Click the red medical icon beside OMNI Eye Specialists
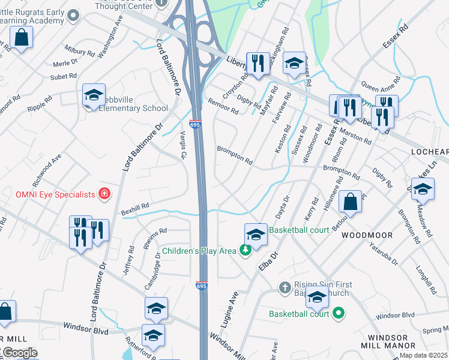click(x=104, y=194)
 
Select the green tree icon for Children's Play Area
click(x=244, y=250)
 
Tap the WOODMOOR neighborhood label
click(x=367, y=236)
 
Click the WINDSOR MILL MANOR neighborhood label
click(x=388, y=341)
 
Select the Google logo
click(x=19, y=353)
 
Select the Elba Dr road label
click(x=268, y=263)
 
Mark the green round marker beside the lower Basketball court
click(x=338, y=313)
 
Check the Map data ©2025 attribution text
click(x=424, y=355)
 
